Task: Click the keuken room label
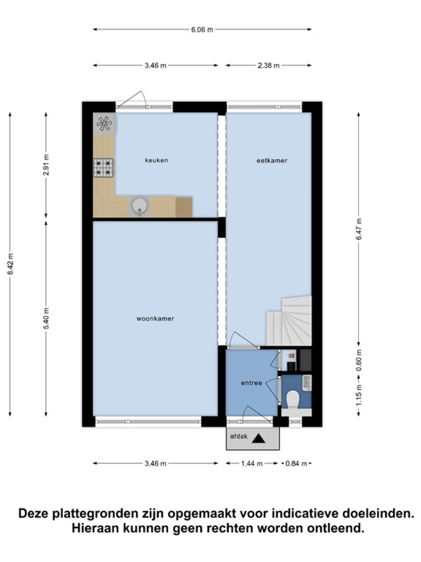pos(156,161)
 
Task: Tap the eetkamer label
pos(272,161)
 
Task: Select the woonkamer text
pos(155,319)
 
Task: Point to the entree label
pos(252,383)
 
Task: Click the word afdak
pos(239,436)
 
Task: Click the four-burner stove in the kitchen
pos(103,168)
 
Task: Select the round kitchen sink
pos(140,207)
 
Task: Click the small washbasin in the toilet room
pos(307,383)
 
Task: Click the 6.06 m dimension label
pos(202,30)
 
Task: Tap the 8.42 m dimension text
pos(11,264)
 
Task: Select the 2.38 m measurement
pos(268,66)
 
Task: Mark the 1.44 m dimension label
pos(252,463)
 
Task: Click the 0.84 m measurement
pos(296,463)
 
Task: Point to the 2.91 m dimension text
pos(46,164)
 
